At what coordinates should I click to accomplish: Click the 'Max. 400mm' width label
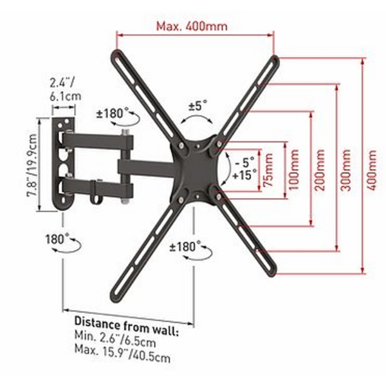192,26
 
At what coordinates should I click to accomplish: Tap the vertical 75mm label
268,170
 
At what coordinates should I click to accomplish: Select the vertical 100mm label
294,170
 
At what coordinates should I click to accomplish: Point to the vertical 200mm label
319,170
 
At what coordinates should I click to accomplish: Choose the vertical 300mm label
345,170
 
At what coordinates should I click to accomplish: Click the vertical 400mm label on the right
371,170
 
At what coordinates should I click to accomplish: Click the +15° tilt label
244,175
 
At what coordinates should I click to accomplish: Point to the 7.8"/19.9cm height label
32,165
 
